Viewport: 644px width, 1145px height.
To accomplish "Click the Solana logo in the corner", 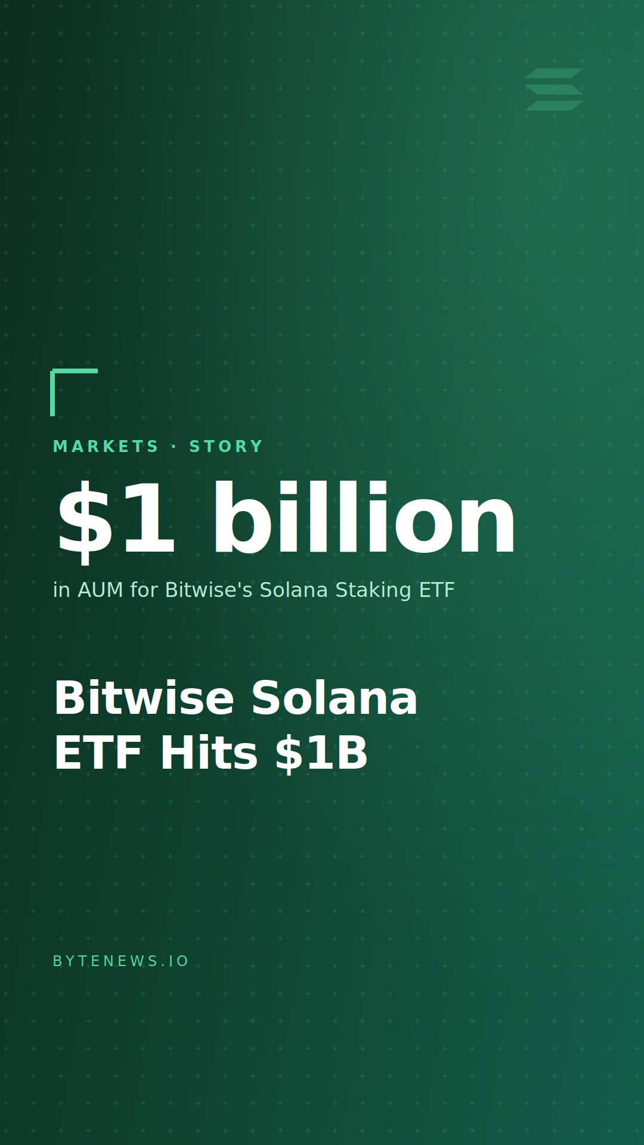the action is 554,89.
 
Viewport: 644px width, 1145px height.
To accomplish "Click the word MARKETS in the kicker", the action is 106,447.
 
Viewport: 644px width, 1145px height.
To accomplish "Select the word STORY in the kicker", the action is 226,447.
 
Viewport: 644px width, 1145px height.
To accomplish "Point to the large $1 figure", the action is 116,519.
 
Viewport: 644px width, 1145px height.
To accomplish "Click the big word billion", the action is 364,518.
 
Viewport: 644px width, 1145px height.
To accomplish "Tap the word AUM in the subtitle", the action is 100,590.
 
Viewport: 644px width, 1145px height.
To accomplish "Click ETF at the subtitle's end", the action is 436,590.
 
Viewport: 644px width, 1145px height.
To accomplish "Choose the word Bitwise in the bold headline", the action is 144,698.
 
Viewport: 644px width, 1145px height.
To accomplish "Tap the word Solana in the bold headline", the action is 335,698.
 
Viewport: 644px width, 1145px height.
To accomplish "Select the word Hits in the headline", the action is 209,753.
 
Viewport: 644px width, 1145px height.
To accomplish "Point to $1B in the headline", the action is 321,753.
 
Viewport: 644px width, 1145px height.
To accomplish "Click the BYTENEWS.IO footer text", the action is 120,961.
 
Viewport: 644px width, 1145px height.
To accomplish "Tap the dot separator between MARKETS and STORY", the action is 174,447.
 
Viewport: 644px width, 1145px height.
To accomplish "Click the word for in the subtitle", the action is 144,590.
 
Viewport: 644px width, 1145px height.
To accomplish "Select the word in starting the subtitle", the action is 62,590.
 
